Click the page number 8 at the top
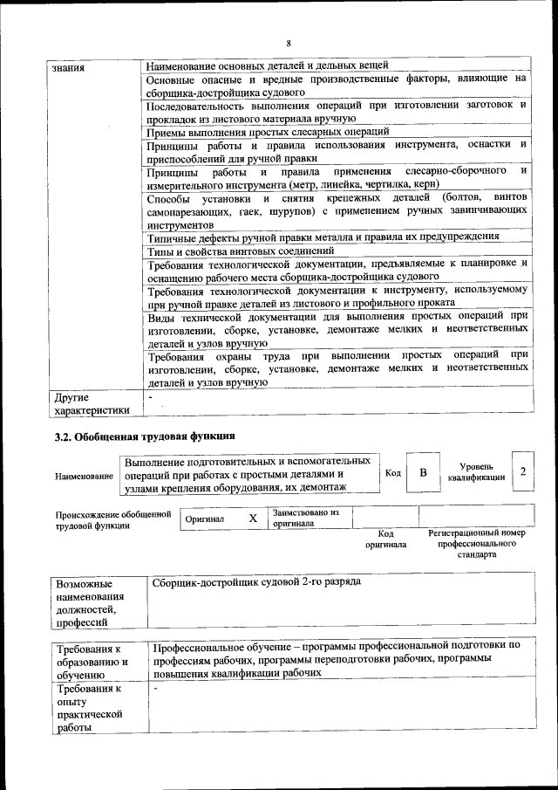[x=287, y=44]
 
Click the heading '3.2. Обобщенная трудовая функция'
[x=144, y=436]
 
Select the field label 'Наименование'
[x=84, y=477]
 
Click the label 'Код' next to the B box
[x=393, y=472]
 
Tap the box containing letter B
[x=423, y=472]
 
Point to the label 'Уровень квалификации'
[x=476, y=472]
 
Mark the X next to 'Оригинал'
[x=253, y=519]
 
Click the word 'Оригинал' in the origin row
[x=205, y=519]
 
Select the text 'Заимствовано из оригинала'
[x=306, y=519]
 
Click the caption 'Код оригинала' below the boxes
[x=386, y=539]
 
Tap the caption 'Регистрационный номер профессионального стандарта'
[x=476, y=543]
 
